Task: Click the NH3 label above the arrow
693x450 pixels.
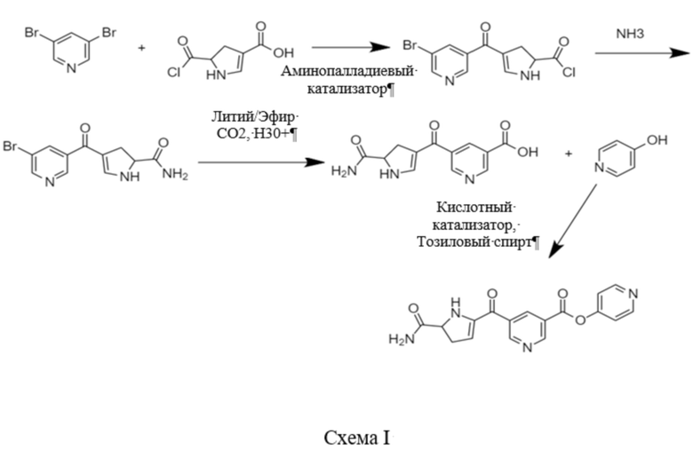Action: tap(630, 34)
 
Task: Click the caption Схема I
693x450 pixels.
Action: tap(357, 438)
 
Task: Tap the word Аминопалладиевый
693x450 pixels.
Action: tap(347, 71)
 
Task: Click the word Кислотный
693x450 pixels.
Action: tap(474, 207)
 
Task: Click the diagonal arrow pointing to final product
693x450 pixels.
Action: tap(573, 221)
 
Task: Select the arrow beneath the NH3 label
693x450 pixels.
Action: tap(642, 53)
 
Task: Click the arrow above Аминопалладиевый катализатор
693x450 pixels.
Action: tap(350, 47)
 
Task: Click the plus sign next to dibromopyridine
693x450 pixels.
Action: tap(141, 47)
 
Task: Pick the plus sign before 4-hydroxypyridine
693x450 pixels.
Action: tap(569, 154)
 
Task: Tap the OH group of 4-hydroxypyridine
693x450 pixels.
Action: tap(657, 140)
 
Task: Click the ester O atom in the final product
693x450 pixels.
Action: tap(580, 319)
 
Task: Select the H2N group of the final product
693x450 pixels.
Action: tap(402, 339)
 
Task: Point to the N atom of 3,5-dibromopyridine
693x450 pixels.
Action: tap(71, 67)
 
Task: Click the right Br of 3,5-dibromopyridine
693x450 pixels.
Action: tap(108, 33)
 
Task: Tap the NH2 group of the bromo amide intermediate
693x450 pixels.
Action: tap(175, 174)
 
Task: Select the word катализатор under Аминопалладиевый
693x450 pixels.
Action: tap(346, 90)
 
